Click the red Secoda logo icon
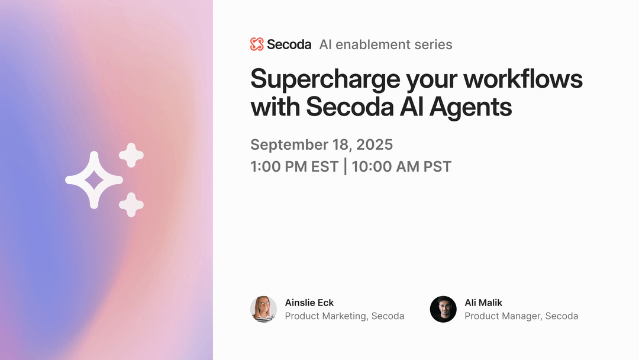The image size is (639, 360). (257, 44)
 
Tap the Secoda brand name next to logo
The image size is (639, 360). (289, 44)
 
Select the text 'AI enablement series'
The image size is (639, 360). (385, 44)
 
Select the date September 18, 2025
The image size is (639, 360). (321, 144)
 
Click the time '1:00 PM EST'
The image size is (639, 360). (294, 166)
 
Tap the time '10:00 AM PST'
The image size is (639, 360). (402, 166)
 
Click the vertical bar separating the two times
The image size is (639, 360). (345, 166)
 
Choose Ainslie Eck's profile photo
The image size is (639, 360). (263, 309)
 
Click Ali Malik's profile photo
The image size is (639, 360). (443, 309)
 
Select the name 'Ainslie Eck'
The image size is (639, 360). (309, 303)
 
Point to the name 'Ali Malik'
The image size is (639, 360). (483, 303)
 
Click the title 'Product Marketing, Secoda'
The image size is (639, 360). (344, 316)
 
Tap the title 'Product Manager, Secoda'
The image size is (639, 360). (521, 316)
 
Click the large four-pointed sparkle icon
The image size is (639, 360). (93, 180)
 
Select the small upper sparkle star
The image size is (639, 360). (131, 155)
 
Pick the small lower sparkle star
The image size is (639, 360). (131, 204)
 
